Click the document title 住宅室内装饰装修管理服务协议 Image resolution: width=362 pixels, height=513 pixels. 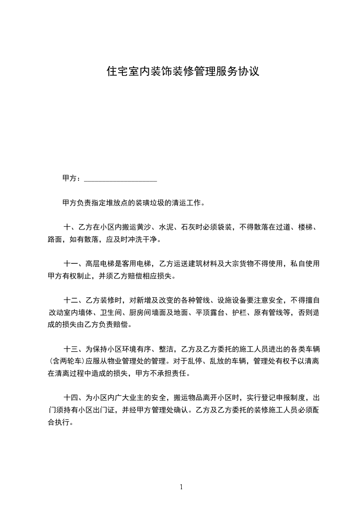click(183, 71)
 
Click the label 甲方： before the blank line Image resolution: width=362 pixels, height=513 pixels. click(72, 178)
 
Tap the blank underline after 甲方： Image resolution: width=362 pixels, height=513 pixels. click(121, 179)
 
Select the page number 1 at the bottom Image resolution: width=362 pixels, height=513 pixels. click(181, 487)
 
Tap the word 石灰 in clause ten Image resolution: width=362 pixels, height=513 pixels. click(188, 227)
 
